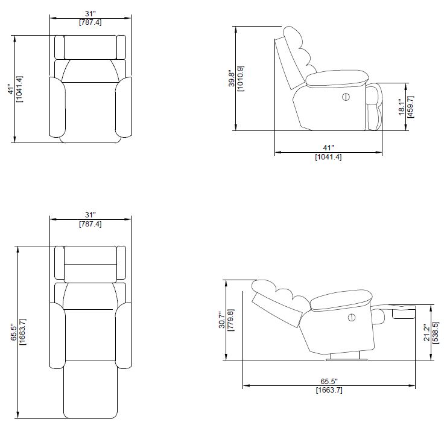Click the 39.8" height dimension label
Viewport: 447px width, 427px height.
point(232,79)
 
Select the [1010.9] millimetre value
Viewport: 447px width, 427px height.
point(241,78)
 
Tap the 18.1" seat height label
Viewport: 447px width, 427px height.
point(402,107)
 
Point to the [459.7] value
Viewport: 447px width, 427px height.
point(411,106)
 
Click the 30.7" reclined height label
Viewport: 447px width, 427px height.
point(223,319)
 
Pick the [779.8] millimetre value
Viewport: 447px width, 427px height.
point(231,319)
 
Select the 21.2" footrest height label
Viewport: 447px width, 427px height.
point(426,333)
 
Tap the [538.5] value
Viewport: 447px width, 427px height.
point(436,333)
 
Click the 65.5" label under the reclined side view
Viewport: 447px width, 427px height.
point(329,381)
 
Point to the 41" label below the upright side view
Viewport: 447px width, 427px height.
point(328,148)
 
